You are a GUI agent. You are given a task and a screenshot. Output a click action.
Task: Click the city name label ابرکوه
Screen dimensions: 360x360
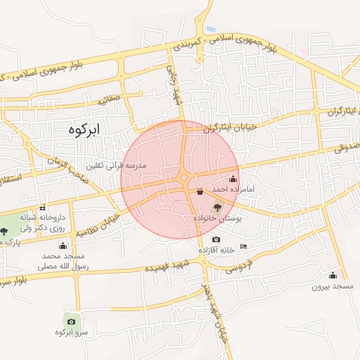[x=86, y=129]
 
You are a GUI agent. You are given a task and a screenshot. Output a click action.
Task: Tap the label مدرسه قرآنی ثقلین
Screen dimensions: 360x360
[x=115, y=165]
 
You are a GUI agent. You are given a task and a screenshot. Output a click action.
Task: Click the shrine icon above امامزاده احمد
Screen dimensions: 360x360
[x=233, y=179]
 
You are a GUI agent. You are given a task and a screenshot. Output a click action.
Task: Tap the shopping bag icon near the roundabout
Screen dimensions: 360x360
[x=200, y=191]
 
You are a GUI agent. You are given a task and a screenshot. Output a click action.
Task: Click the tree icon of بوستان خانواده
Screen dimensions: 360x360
[x=217, y=207]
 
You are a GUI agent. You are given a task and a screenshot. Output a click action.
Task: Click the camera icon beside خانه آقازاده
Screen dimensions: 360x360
[x=215, y=240]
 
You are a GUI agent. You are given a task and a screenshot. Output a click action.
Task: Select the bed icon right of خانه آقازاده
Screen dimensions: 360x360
[x=243, y=246]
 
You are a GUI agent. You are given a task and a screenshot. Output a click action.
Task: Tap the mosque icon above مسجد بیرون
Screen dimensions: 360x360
[x=333, y=275]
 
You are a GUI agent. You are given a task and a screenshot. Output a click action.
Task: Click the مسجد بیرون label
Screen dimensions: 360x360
[x=331, y=287]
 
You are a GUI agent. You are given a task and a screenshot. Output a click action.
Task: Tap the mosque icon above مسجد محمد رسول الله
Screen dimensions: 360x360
[x=63, y=245]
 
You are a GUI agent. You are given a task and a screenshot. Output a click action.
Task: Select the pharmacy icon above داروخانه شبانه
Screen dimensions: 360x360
[x=43, y=207]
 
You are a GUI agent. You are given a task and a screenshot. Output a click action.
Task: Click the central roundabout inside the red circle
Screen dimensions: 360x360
[x=185, y=179]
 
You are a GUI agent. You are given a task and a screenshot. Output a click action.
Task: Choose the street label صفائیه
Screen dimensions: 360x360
[x=110, y=100]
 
